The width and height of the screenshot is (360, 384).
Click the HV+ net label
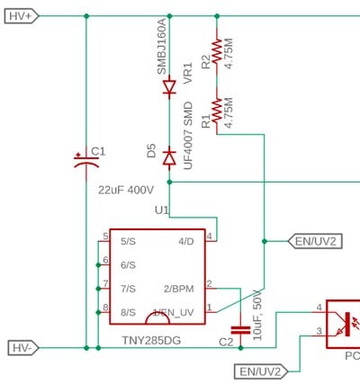[x=20, y=16]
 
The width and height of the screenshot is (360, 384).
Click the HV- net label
[x=20, y=347]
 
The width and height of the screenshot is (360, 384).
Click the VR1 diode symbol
[x=169, y=88]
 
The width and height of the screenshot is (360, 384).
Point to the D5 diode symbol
[x=169, y=156]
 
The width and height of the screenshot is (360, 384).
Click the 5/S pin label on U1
[x=127, y=240]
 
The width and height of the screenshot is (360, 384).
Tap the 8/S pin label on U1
[x=127, y=311]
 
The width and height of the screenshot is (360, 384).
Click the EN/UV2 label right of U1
[x=315, y=241]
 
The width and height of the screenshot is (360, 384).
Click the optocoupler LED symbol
[x=344, y=322]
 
